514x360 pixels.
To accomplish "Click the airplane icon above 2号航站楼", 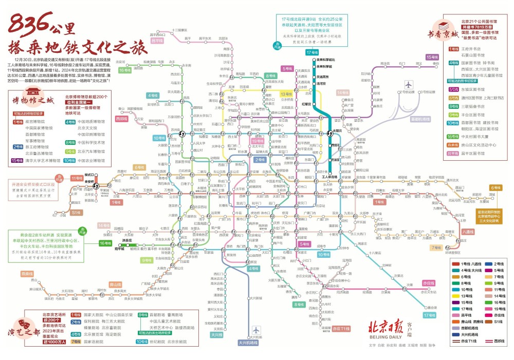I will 409,85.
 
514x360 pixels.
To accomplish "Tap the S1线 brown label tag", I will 76,212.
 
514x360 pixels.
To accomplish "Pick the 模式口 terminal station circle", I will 88,175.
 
